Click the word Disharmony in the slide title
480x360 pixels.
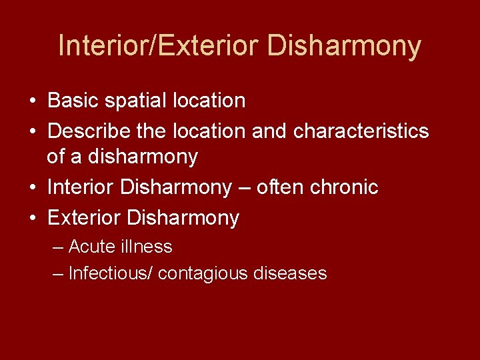coord(344,46)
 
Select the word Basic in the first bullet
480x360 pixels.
coord(73,101)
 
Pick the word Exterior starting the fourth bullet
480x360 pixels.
coord(83,218)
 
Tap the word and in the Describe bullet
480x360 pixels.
coord(269,131)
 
